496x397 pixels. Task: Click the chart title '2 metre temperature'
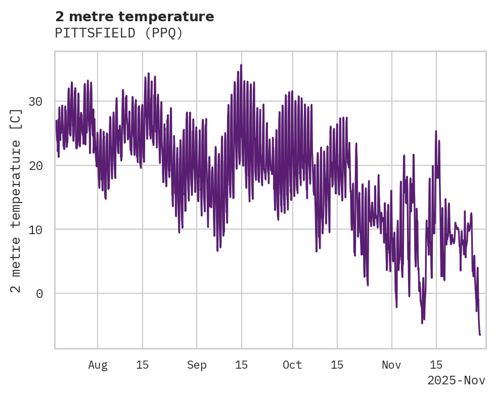point(134,17)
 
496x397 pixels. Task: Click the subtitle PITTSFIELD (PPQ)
point(119,33)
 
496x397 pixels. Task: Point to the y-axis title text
point(16,201)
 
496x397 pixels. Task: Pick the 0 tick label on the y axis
point(39,294)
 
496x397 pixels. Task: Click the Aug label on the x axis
point(98,365)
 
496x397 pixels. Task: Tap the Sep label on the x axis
point(197,365)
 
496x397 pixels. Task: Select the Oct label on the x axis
point(292,365)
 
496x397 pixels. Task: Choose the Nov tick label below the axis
point(391,365)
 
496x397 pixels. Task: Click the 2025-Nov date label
point(456,381)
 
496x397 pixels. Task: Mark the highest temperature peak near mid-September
point(241,65)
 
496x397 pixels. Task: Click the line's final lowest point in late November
point(480,334)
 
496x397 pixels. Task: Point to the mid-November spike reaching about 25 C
point(436,131)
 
